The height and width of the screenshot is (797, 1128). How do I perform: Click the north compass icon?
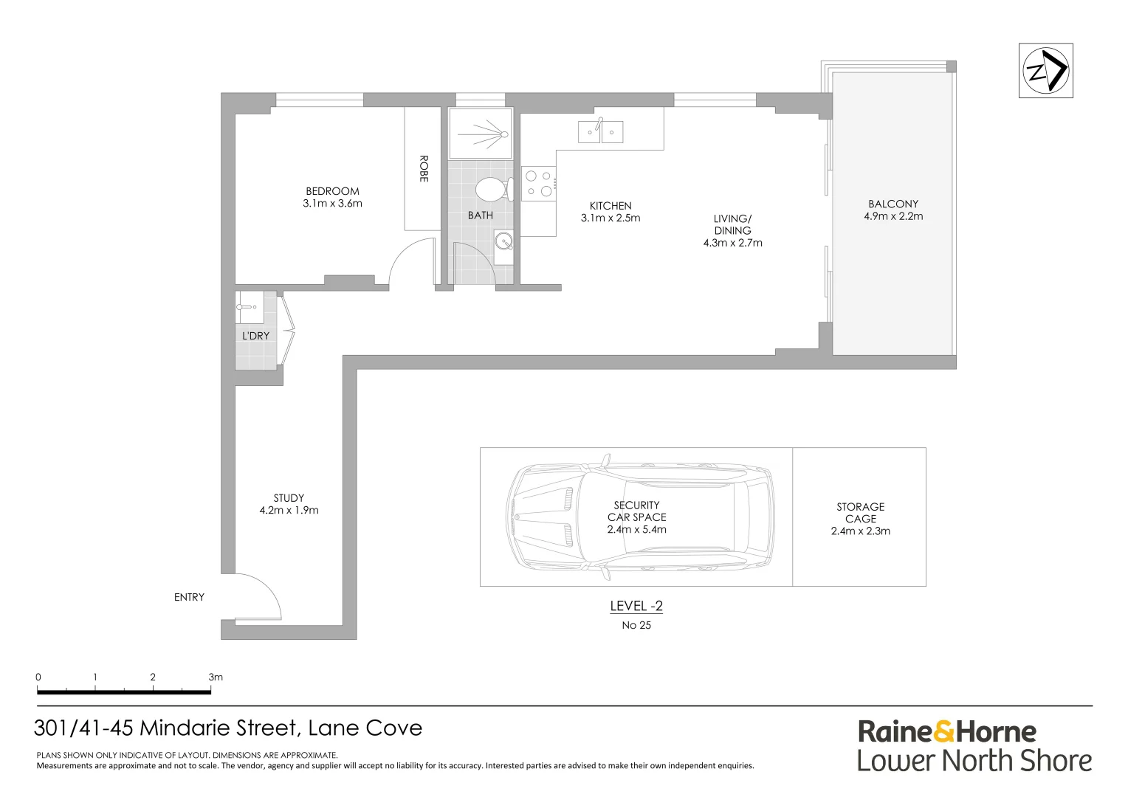click(x=1045, y=71)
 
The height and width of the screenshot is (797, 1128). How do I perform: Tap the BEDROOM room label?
click(x=332, y=191)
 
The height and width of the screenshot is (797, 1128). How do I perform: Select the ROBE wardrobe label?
click(x=424, y=168)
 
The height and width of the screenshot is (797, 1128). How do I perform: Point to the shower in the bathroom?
click(x=480, y=134)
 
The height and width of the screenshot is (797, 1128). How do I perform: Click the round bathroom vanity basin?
click(x=504, y=241)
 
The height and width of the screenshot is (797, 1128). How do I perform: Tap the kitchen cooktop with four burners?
click(x=538, y=184)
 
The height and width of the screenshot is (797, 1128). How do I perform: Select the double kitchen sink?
click(x=600, y=131)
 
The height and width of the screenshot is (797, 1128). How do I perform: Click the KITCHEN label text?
click(x=611, y=206)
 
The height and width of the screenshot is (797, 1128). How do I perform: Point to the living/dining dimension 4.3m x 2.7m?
click(x=732, y=243)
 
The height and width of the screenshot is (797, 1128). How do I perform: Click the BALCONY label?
click(x=893, y=204)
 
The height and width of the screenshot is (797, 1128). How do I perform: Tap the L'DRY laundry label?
click(x=256, y=336)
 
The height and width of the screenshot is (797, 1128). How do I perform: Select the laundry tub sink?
click(x=250, y=306)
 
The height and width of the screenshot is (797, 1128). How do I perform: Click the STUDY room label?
click(x=289, y=498)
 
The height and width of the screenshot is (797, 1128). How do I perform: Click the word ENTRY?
click(x=189, y=597)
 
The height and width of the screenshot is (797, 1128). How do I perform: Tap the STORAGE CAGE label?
click(x=860, y=513)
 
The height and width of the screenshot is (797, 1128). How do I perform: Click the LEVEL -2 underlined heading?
click(x=636, y=607)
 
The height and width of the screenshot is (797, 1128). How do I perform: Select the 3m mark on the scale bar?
click(x=215, y=677)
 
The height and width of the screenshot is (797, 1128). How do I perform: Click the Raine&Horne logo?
click(x=946, y=732)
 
